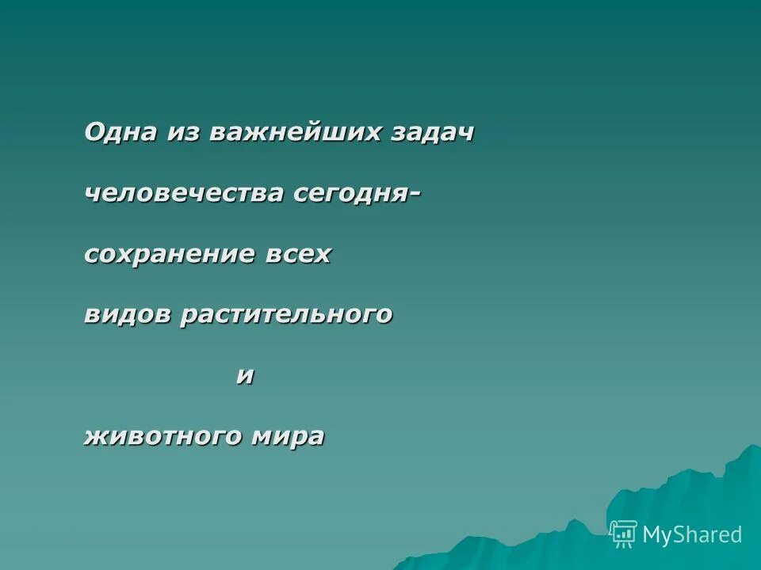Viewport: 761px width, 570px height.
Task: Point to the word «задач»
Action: (432, 132)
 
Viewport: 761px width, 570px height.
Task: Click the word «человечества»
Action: (185, 193)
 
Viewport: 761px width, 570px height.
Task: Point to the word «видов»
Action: (127, 314)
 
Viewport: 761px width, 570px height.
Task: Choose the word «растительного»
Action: (286, 315)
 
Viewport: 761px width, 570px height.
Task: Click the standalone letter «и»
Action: (245, 375)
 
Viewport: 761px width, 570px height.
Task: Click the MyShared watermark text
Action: (692, 534)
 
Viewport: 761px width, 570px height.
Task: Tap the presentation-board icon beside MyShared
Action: (624, 534)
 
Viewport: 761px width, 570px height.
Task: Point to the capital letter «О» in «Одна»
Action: (94, 132)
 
